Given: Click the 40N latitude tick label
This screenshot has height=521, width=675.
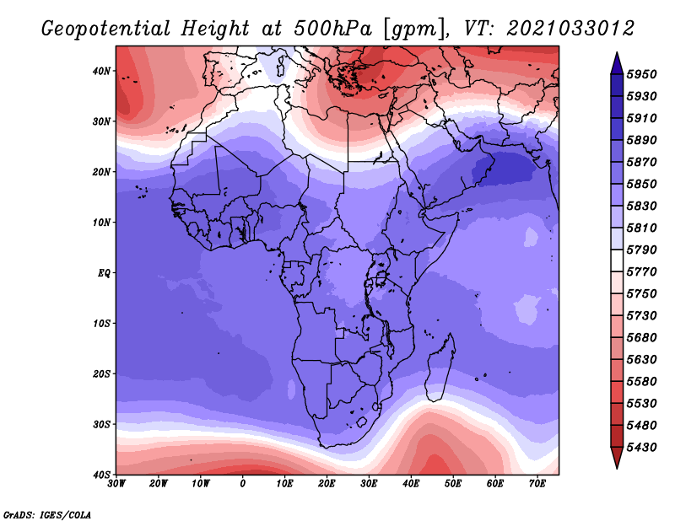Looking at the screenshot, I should pyautogui.click(x=100, y=71).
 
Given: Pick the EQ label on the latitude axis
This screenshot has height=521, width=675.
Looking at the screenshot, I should pyautogui.click(x=102, y=273).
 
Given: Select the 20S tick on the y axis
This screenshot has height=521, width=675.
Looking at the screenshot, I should pyautogui.click(x=100, y=373).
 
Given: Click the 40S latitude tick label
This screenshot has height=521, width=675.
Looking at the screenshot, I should pyautogui.click(x=100, y=475).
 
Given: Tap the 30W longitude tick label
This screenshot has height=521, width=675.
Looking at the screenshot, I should pyautogui.click(x=117, y=484).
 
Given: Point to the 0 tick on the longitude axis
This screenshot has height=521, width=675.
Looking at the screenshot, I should pyautogui.click(x=243, y=484).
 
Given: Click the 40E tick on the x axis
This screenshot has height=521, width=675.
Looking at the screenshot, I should pyautogui.click(x=411, y=484).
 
